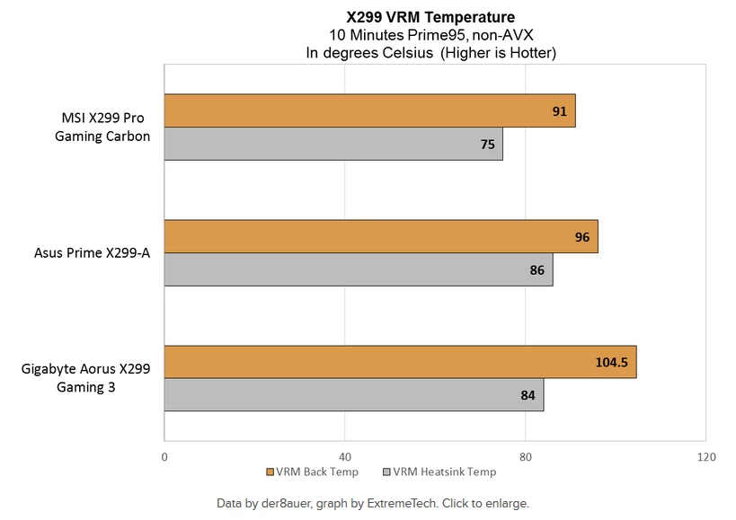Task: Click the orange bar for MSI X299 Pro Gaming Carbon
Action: pyautogui.click(x=369, y=111)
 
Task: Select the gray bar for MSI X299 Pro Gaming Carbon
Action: pyautogui.click(x=333, y=144)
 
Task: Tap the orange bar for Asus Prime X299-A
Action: pyautogui.click(x=381, y=236)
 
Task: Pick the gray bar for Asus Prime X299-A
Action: pyautogui.click(x=359, y=269)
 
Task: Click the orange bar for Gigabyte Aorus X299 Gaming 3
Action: pyautogui.click(x=400, y=361)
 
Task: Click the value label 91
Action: pyautogui.click(x=559, y=111)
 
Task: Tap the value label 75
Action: pyautogui.click(x=487, y=144)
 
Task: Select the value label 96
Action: pyautogui.click(x=582, y=236)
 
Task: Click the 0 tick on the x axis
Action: pyautogui.click(x=164, y=457)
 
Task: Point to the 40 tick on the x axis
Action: pyautogui.click(x=345, y=457)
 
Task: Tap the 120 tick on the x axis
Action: pyautogui.click(x=706, y=457)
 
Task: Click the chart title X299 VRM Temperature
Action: pyautogui.click(x=430, y=16)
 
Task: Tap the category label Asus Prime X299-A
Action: pyautogui.click(x=87, y=253)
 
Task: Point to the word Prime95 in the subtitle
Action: pyautogui.click(x=418, y=35)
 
